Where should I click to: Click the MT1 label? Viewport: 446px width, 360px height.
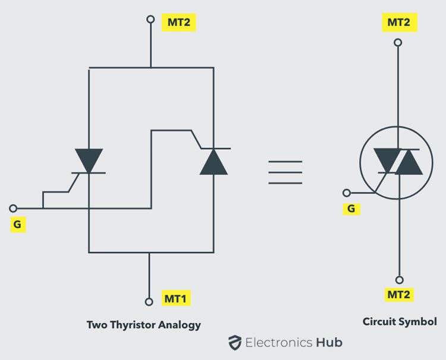[176, 298]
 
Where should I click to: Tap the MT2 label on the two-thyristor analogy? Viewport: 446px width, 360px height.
[178, 23]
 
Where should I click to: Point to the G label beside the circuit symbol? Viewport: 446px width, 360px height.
[351, 209]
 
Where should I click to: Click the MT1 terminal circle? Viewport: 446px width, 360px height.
[151, 301]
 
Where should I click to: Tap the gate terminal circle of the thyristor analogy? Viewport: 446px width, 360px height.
[14, 208]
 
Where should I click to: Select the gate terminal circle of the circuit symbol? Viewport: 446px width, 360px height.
[347, 192]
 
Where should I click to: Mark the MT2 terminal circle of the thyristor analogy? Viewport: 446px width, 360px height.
[151, 20]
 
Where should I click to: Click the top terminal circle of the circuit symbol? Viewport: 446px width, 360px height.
[398, 43]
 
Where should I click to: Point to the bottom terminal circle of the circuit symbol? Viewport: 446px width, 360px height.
[399, 279]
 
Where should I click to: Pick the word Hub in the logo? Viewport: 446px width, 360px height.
[329, 342]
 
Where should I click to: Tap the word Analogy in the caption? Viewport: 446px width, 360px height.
[181, 325]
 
